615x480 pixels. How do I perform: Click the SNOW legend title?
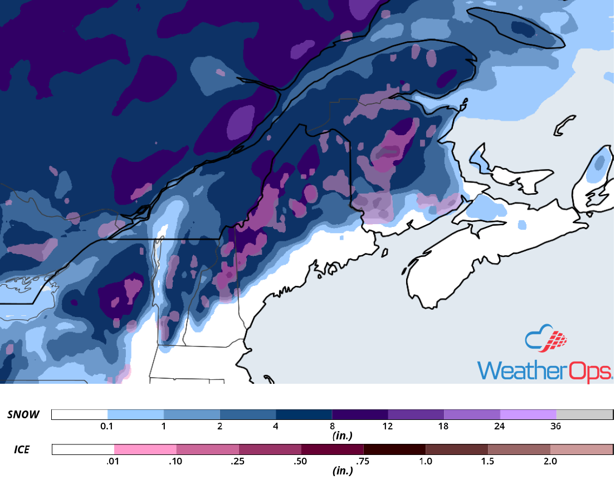tap(23, 414)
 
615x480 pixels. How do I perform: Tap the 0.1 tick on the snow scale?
tap(108, 427)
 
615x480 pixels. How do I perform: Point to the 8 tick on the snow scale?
tap(331, 427)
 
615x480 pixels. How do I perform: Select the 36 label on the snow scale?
tap(555, 427)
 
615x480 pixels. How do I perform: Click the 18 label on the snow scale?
tap(443, 427)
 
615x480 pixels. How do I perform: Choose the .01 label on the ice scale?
tap(114, 461)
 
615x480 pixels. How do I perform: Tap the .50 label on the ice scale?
tap(301, 461)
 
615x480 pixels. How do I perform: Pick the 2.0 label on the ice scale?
tap(550, 461)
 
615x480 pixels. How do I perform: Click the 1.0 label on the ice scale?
tap(425, 461)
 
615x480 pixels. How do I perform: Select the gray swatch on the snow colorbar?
tap(584, 415)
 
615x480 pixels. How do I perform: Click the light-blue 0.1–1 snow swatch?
tap(135, 415)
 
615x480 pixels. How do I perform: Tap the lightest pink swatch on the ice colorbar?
tap(145, 449)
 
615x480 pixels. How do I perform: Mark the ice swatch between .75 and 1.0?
tap(394, 449)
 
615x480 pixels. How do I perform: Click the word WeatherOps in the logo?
tap(545, 371)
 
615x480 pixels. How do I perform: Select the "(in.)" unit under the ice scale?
tap(341, 471)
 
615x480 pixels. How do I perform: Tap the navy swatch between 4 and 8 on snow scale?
tap(304, 415)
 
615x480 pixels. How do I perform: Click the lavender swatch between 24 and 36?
tap(528, 415)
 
